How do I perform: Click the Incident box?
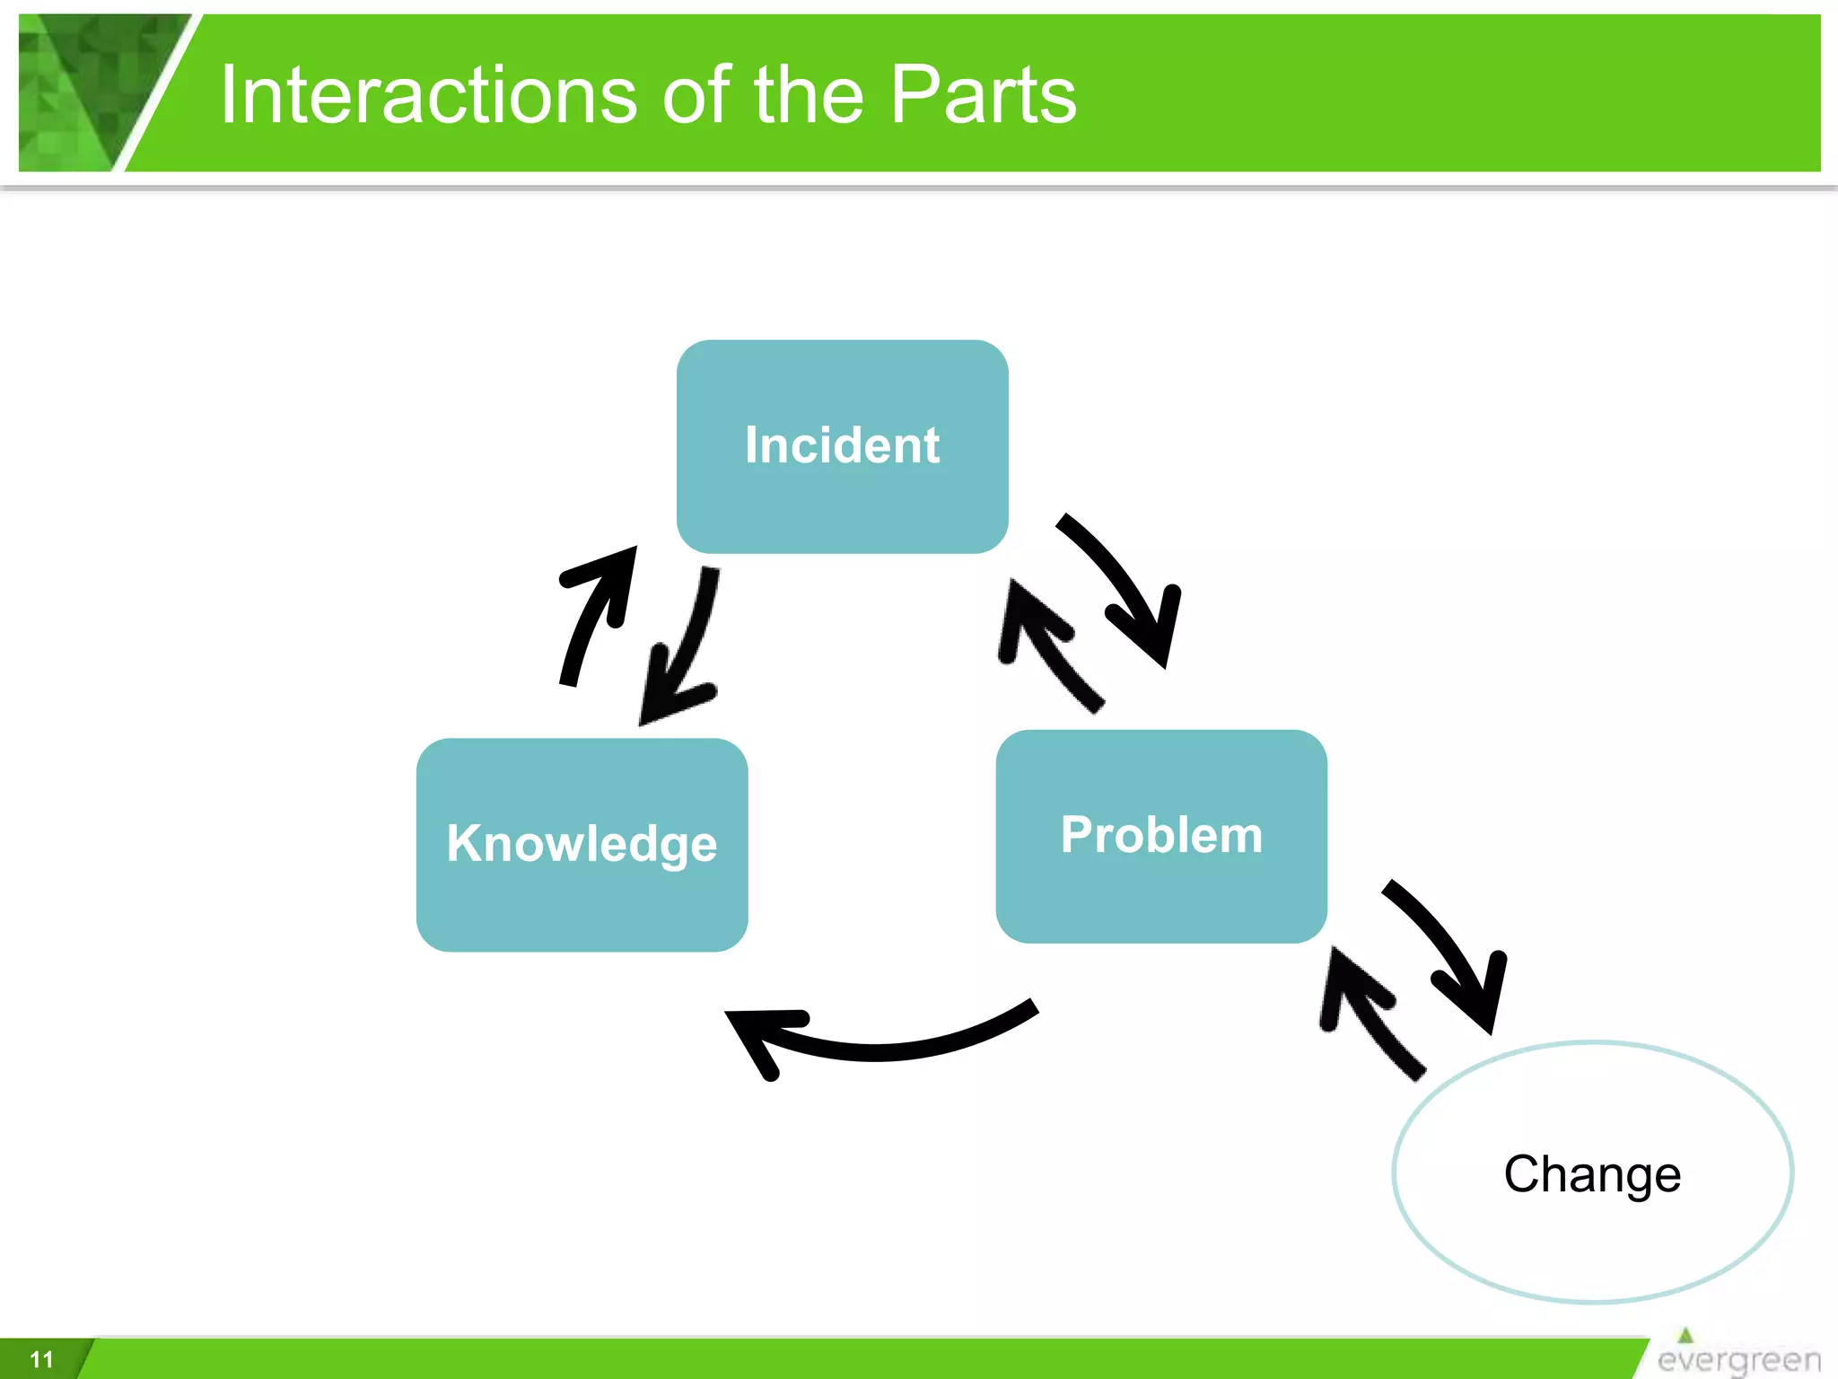pyautogui.click(x=842, y=446)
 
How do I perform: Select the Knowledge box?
pyautogui.click(x=582, y=844)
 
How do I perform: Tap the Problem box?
pyautogui.click(x=1160, y=836)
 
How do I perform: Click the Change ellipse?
pyautogui.click(x=1592, y=1172)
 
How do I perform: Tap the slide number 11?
pyautogui.click(x=41, y=1359)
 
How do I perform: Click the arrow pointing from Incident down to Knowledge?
pyautogui.click(x=687, y=646)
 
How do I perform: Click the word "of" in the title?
pyautogui.click(x=696, y=95)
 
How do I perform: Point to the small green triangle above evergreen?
pyautogui.click(x=1685, y=1335)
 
